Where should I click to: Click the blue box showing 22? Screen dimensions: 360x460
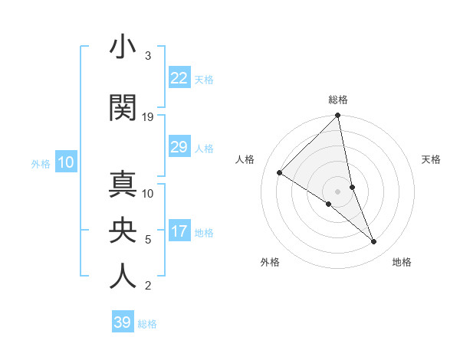(179, 78)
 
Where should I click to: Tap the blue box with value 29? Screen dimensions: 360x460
(179, 147)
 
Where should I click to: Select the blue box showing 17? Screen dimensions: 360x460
(179, 231)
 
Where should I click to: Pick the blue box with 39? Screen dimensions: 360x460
(122, 322)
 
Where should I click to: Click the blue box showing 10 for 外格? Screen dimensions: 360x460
(66, 162)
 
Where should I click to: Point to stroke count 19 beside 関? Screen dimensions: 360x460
(148, 116)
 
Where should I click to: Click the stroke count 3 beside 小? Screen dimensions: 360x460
(147, 56)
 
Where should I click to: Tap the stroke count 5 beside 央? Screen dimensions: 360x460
(147, 240)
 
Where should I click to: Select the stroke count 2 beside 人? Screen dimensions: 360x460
(147, 286)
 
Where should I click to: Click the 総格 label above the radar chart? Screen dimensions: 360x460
(337, 100)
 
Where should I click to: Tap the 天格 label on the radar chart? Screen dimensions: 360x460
(431, 159)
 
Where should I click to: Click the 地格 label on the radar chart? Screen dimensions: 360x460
(402, 262)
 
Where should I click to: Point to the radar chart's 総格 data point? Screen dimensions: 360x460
(337, 116)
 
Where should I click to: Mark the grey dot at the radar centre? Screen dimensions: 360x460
(337, 191)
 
